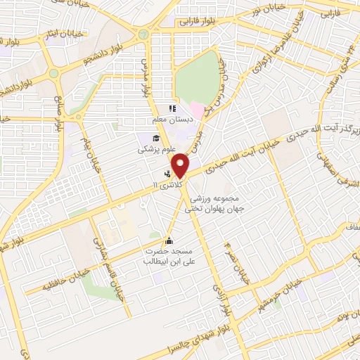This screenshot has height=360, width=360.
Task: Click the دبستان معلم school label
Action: [171, 120]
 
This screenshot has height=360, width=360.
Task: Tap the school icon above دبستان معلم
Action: [171, 108]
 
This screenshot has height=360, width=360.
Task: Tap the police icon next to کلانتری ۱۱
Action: [167, 172]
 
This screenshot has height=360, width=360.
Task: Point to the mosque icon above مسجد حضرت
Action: [167, 240]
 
